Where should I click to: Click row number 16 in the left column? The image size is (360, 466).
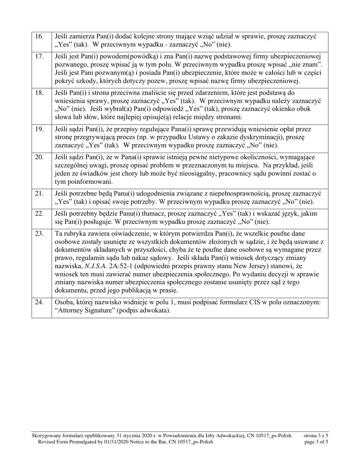pyautogui.click(x=39, y=36)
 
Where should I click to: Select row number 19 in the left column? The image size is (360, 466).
pyautogui.click(x=39, y=129)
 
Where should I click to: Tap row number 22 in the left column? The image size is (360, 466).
pyautogui.click(x=39, y=213)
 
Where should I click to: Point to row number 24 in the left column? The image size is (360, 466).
pyautogui.click(x=39, y=302)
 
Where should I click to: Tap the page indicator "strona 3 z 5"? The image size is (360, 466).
pyautogui.click(x=316, y=436)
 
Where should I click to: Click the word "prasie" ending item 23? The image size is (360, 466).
pyautogui.click(x=168, y=291)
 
